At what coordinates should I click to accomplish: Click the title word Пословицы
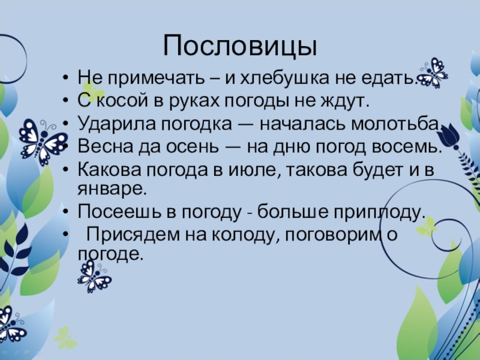(x=239, y=46)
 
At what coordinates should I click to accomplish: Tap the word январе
(x=111, y=189)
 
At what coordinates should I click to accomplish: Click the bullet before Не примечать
(x=65, y=79)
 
